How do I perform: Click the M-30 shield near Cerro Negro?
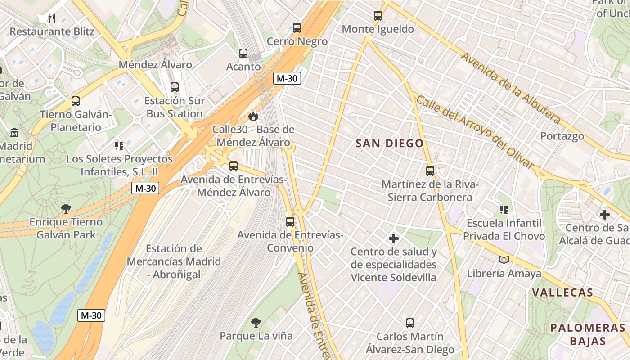pyautogui.click(x=287, y=78)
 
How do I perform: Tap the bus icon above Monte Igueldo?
pyautogui.click(x=378, y=16)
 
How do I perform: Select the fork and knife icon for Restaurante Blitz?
pyautogui.click(x=52, y=18)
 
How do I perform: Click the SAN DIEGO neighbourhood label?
pyautogui.click(x=390, y=144)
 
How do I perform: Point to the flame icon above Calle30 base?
pyautogui.click(x=253, y=117)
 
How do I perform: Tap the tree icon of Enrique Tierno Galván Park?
pyautogui.click(x=66, y=209)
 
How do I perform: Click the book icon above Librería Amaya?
pyautogui.click(x=504, y=260)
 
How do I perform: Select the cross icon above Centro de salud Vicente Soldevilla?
pyautogui.click(x=394, y=238)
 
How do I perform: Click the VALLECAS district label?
pyautogui.click(x=562, y=292)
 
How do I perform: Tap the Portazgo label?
pyautogui.click(x=562, y=136)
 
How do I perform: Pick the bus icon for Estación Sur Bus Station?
pyautogui.click(x=175, y=87)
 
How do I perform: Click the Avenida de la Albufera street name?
pyautogui.click(x=510, y=88)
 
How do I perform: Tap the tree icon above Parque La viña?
pyautogui.click(x=256, y=322)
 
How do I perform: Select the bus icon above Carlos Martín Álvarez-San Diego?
pyautogui.click(x=409, y=323)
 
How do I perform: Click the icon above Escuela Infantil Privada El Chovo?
pyautogui.click(x=504, y=210)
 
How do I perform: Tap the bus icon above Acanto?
pyautogui.click(x=243, y=54)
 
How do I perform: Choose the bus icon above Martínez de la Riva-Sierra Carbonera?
pyautogui.click(x=430, y=171)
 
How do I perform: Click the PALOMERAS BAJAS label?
pyautogui.click(x=588, y=334)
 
